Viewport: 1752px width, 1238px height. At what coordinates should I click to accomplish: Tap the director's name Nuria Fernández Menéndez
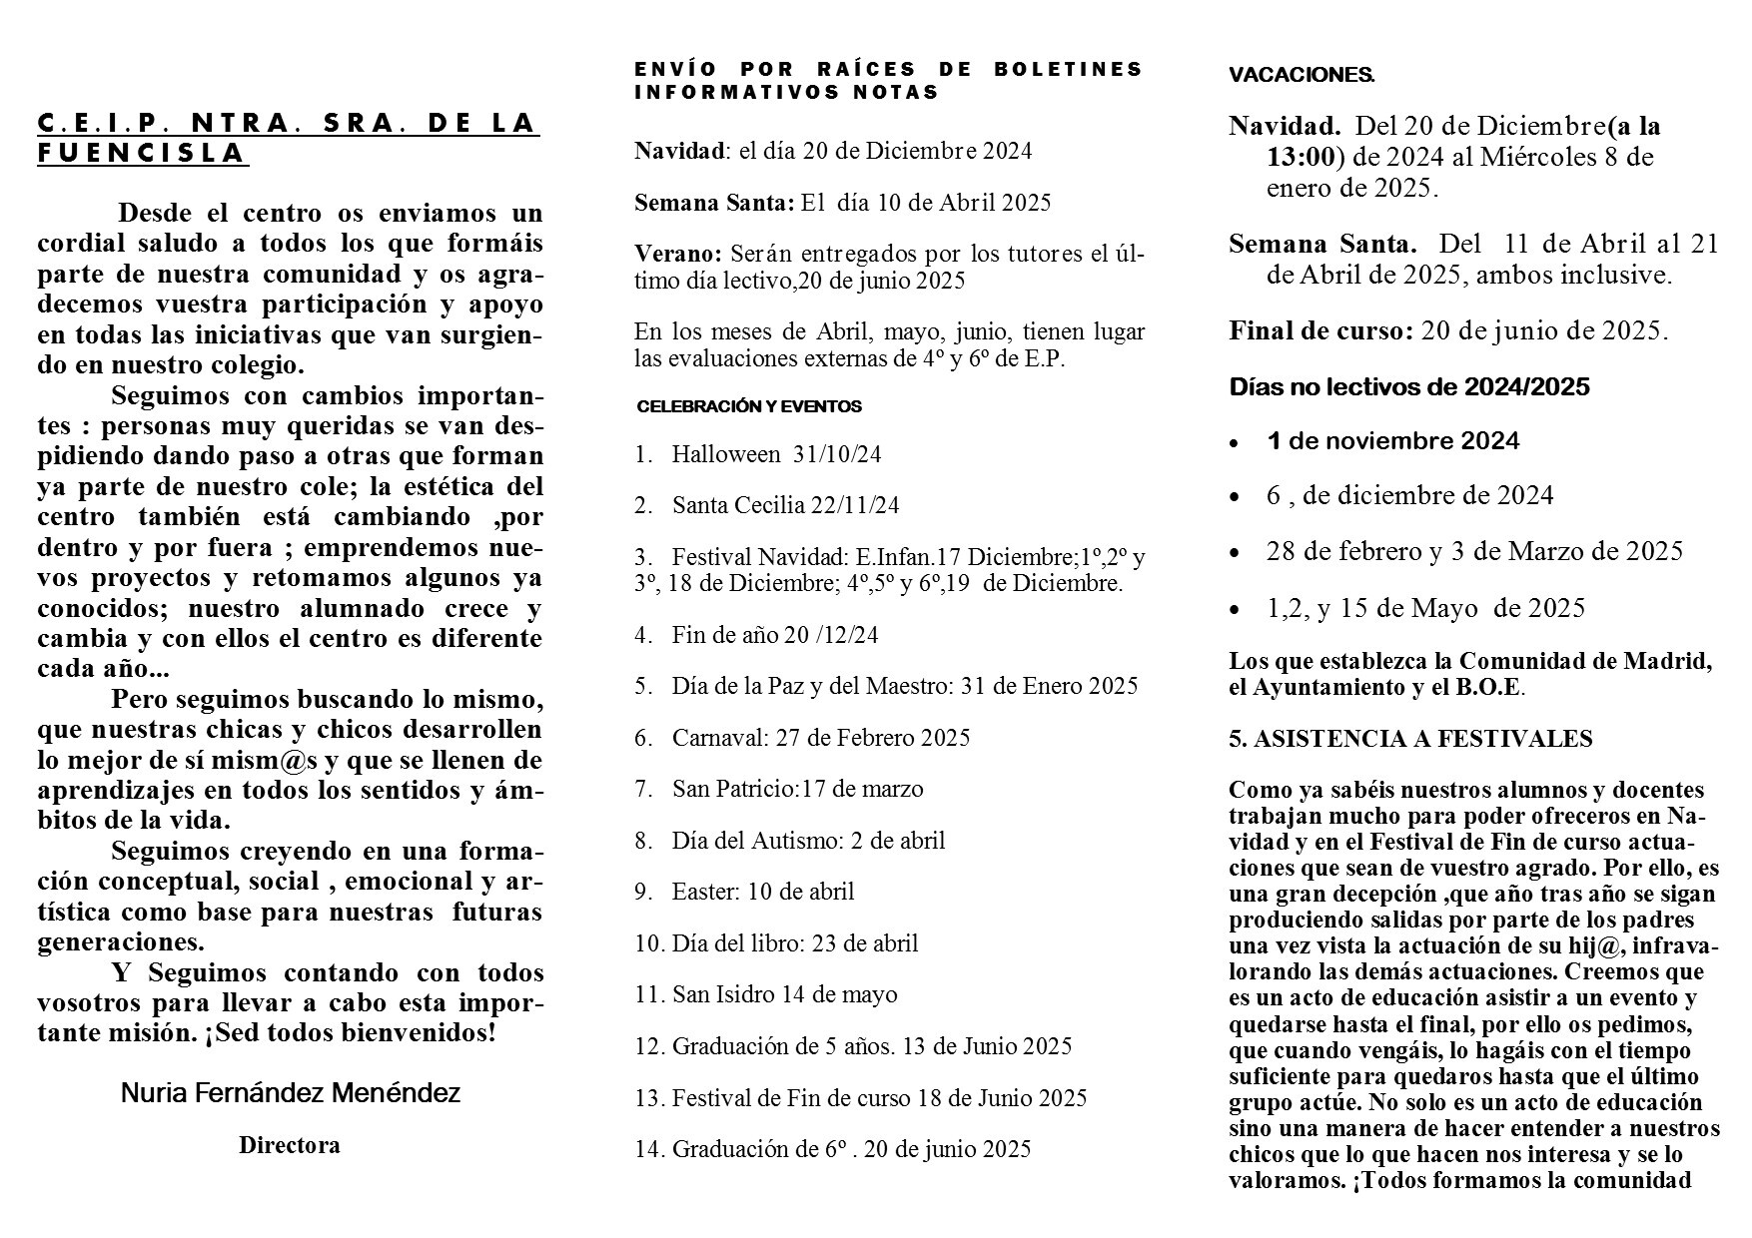tap(290, 1093)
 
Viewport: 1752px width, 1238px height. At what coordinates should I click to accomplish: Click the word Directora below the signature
tap(290, 1145)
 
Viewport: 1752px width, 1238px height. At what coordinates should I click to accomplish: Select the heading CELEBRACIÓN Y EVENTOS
tap(749, 406)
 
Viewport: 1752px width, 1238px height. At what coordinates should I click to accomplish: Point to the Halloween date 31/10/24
tap(837, 454)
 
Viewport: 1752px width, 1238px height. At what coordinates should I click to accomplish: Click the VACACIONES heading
tap(1302, 75)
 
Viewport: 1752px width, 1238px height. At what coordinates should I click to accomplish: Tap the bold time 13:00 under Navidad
tap(1301, 157)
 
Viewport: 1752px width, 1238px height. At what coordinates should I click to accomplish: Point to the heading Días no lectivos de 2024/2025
tap(1409, 387)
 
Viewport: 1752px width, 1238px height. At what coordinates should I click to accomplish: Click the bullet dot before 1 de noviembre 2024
tap(1237, 441)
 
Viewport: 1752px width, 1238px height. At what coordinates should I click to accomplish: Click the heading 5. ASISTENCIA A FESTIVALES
tap(1410, 739)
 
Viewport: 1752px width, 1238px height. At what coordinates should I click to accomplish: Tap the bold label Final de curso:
tap(1320, 331)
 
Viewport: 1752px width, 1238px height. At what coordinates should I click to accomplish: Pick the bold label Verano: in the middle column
tap(678, 254)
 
